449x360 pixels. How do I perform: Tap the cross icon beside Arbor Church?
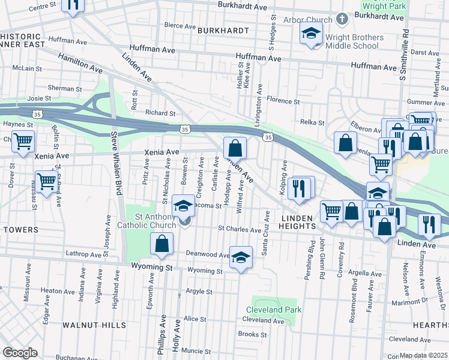[x=342, y=19]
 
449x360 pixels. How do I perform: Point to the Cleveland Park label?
[x=274, y=310]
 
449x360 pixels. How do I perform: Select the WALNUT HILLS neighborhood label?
[x=94, y=325]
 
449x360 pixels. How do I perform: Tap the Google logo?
[x=20, y=353]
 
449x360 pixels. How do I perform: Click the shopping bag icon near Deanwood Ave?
[x=161, y=243]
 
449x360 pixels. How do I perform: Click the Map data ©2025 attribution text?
[x=424, y=355]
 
